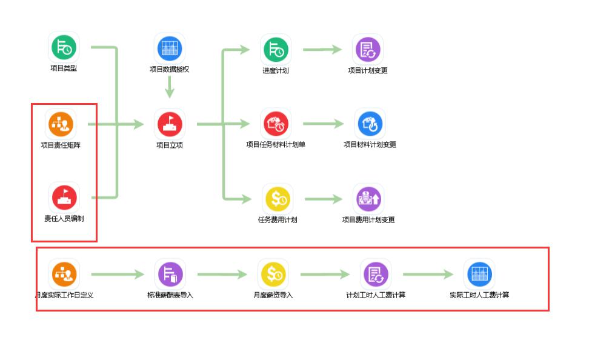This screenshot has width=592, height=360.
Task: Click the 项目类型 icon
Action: [64, 47]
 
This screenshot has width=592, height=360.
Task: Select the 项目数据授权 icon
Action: [170, 48]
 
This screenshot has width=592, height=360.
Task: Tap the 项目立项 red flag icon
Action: [170, 124]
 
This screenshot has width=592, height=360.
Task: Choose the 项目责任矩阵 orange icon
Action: [61, 124]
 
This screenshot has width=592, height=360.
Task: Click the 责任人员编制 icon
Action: [64, 197]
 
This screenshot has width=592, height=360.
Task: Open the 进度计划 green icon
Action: [276, 49]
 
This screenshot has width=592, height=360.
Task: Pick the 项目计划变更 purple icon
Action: [368, 49]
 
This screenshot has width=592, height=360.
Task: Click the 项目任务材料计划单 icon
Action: [276, 124]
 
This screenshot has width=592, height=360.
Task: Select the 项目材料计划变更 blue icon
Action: [370, 124]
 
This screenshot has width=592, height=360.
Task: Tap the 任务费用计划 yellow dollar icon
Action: [278, 199]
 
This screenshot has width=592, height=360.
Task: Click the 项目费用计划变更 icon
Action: [368, 199]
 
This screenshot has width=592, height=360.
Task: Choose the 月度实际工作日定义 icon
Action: [64, 274]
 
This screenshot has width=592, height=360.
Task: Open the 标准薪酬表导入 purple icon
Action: [170, 274]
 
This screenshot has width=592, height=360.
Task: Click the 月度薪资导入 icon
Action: [273, 274]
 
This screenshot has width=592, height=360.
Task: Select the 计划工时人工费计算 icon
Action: [376, 274]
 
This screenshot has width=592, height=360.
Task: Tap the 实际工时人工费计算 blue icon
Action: [479, 274]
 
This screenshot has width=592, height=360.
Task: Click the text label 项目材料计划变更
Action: [370, 145]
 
